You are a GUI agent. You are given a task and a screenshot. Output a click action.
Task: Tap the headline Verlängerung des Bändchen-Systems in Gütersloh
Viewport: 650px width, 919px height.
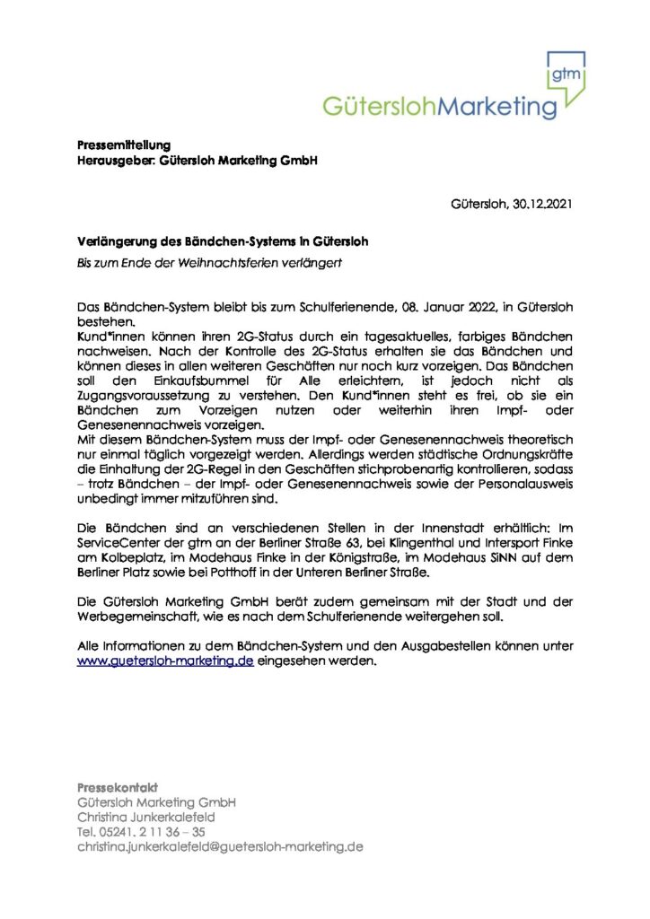[x=222, y=241]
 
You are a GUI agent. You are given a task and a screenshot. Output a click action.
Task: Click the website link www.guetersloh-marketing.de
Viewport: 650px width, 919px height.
[x=165, y=661]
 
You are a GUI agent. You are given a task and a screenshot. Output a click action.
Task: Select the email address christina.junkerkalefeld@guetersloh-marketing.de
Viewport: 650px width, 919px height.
[x=220, y=846]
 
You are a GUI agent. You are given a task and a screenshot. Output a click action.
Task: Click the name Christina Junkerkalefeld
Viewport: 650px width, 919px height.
[x=146, y=818]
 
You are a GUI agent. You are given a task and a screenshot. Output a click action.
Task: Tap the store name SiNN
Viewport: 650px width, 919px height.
[x=478, y=557]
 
